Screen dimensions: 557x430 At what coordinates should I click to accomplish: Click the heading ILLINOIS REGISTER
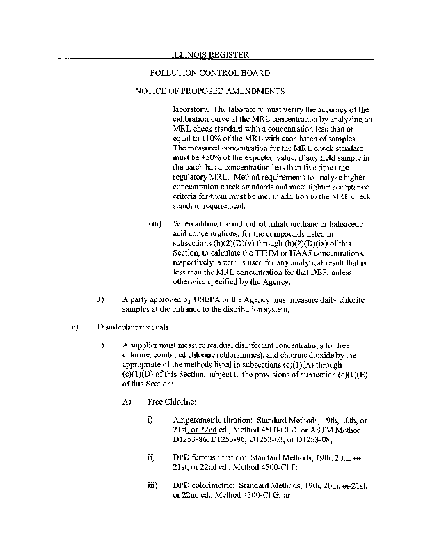pos(210,54)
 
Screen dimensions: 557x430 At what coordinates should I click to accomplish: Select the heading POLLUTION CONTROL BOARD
pos(210,73)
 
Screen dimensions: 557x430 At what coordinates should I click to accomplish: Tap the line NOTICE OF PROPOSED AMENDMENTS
pos(210,91)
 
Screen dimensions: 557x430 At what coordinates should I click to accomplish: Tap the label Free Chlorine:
pos(172,402)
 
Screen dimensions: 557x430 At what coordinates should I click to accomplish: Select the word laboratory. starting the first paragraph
pos(191,109)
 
